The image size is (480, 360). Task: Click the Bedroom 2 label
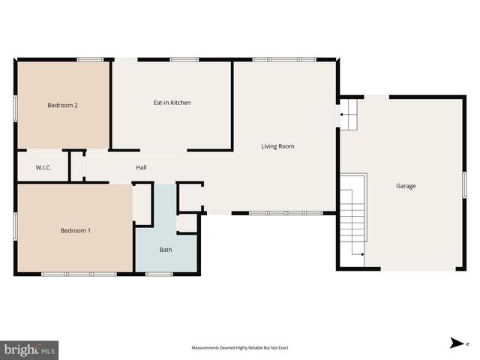(63, 106)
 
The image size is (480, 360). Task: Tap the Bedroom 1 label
(76, 230)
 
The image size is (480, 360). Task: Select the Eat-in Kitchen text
(172, 103)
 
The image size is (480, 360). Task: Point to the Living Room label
(277, 146)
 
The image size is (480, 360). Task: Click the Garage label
(406, 186)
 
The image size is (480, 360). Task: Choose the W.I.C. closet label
(43, 168)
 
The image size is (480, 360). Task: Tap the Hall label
(141, 168)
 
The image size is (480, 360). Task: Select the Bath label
(166, 250)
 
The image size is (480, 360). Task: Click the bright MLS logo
(30, 349)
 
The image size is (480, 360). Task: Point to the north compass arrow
(455, 343)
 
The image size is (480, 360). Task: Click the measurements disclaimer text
(240, 348)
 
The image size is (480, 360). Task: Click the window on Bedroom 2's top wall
(90, 59)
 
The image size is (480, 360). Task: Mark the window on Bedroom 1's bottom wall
(79, 274)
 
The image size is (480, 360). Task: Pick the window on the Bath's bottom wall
(158, 274)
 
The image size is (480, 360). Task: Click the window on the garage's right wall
(464, 184)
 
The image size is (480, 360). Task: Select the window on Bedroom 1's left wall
(16, 224)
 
